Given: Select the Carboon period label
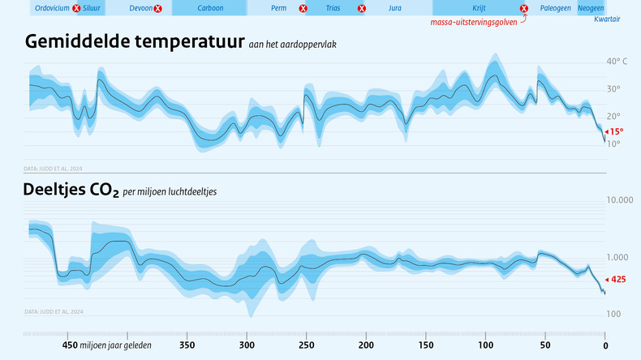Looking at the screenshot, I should [210, 8].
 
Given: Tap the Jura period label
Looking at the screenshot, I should [395, 8].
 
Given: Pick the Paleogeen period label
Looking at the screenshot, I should [556, 8].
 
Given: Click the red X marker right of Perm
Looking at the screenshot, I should [303, 8].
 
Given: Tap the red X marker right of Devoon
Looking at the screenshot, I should [157, 8].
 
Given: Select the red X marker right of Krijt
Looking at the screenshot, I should [524, 8].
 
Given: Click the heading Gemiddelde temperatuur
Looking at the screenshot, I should [135, 42].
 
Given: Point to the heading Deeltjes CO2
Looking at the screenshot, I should [72, 191].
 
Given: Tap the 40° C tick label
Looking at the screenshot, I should [617, 62].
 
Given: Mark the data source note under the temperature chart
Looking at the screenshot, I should [54, 169].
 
